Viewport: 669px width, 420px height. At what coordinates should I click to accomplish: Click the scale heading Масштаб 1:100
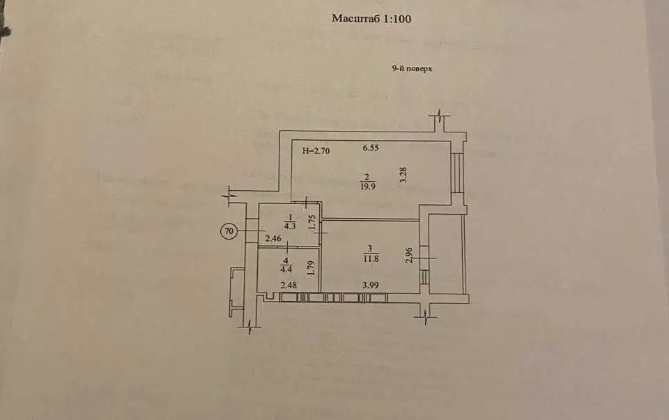point(371,18)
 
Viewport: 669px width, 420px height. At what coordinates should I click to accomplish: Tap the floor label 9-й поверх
point(412,68)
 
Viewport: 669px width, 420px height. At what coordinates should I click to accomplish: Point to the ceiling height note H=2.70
point(316,150)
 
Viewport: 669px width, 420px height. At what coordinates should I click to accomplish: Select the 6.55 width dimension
point(371,148)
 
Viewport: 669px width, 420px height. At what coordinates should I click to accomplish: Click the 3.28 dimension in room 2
point(403,175)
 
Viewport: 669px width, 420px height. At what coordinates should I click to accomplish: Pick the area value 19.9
point(367,186)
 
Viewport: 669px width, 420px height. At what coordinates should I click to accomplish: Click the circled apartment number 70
point(229,231)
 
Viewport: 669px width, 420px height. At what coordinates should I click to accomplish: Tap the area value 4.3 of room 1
point(290,226)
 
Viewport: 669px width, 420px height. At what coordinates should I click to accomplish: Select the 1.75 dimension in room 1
point(312,221)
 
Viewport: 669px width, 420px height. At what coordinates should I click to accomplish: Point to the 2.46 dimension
point(273,238)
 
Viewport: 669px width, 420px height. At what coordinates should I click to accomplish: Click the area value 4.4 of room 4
point(286,269)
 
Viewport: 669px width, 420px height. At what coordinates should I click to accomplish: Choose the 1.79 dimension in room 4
point(311,267)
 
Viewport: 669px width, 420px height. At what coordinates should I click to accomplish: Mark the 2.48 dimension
point(289,285)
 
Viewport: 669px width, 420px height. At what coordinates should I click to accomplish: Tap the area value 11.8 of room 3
point(370,258)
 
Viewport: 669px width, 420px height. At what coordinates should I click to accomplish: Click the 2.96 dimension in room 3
point(409,255)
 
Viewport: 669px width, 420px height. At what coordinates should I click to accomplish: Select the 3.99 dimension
point(370,285)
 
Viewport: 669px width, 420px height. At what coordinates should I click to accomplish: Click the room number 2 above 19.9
point(367,177)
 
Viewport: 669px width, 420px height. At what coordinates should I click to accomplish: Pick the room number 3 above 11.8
point(370,249)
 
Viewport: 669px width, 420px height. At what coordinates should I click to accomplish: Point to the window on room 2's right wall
point(457,172)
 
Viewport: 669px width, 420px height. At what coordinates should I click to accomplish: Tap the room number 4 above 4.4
point(286,260)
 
